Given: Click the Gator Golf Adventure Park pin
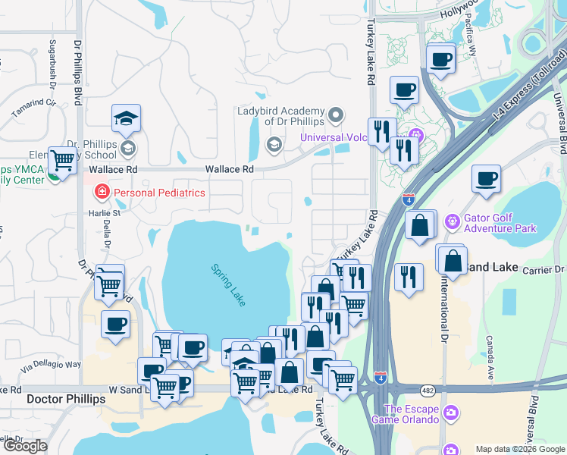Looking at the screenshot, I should [453, 221].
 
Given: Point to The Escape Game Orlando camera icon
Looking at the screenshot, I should [451, 413].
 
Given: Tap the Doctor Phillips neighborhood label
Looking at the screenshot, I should [65, 399].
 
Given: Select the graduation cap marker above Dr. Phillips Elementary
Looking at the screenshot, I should [126, 118].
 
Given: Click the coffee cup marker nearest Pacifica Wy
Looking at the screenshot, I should [440, 59].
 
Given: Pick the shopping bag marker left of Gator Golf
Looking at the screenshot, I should [420, 225].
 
